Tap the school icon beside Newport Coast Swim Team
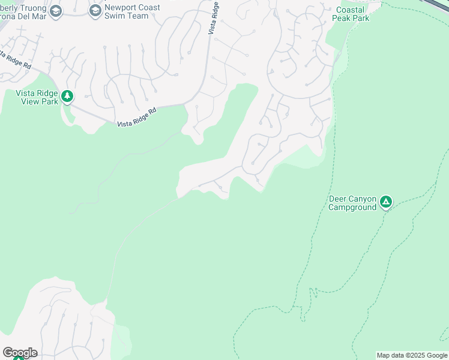pos(95,11)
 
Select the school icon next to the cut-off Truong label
pos(56,11)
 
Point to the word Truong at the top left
pos(31,7)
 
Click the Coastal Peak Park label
pos(351,14)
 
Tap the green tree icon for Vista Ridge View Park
pos(67,96)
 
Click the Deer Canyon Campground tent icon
pos(386,202)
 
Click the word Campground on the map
pos(352,208)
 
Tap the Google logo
pos(20,353)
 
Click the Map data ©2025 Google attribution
pos(412,355)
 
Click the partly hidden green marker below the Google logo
pos(19,358)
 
